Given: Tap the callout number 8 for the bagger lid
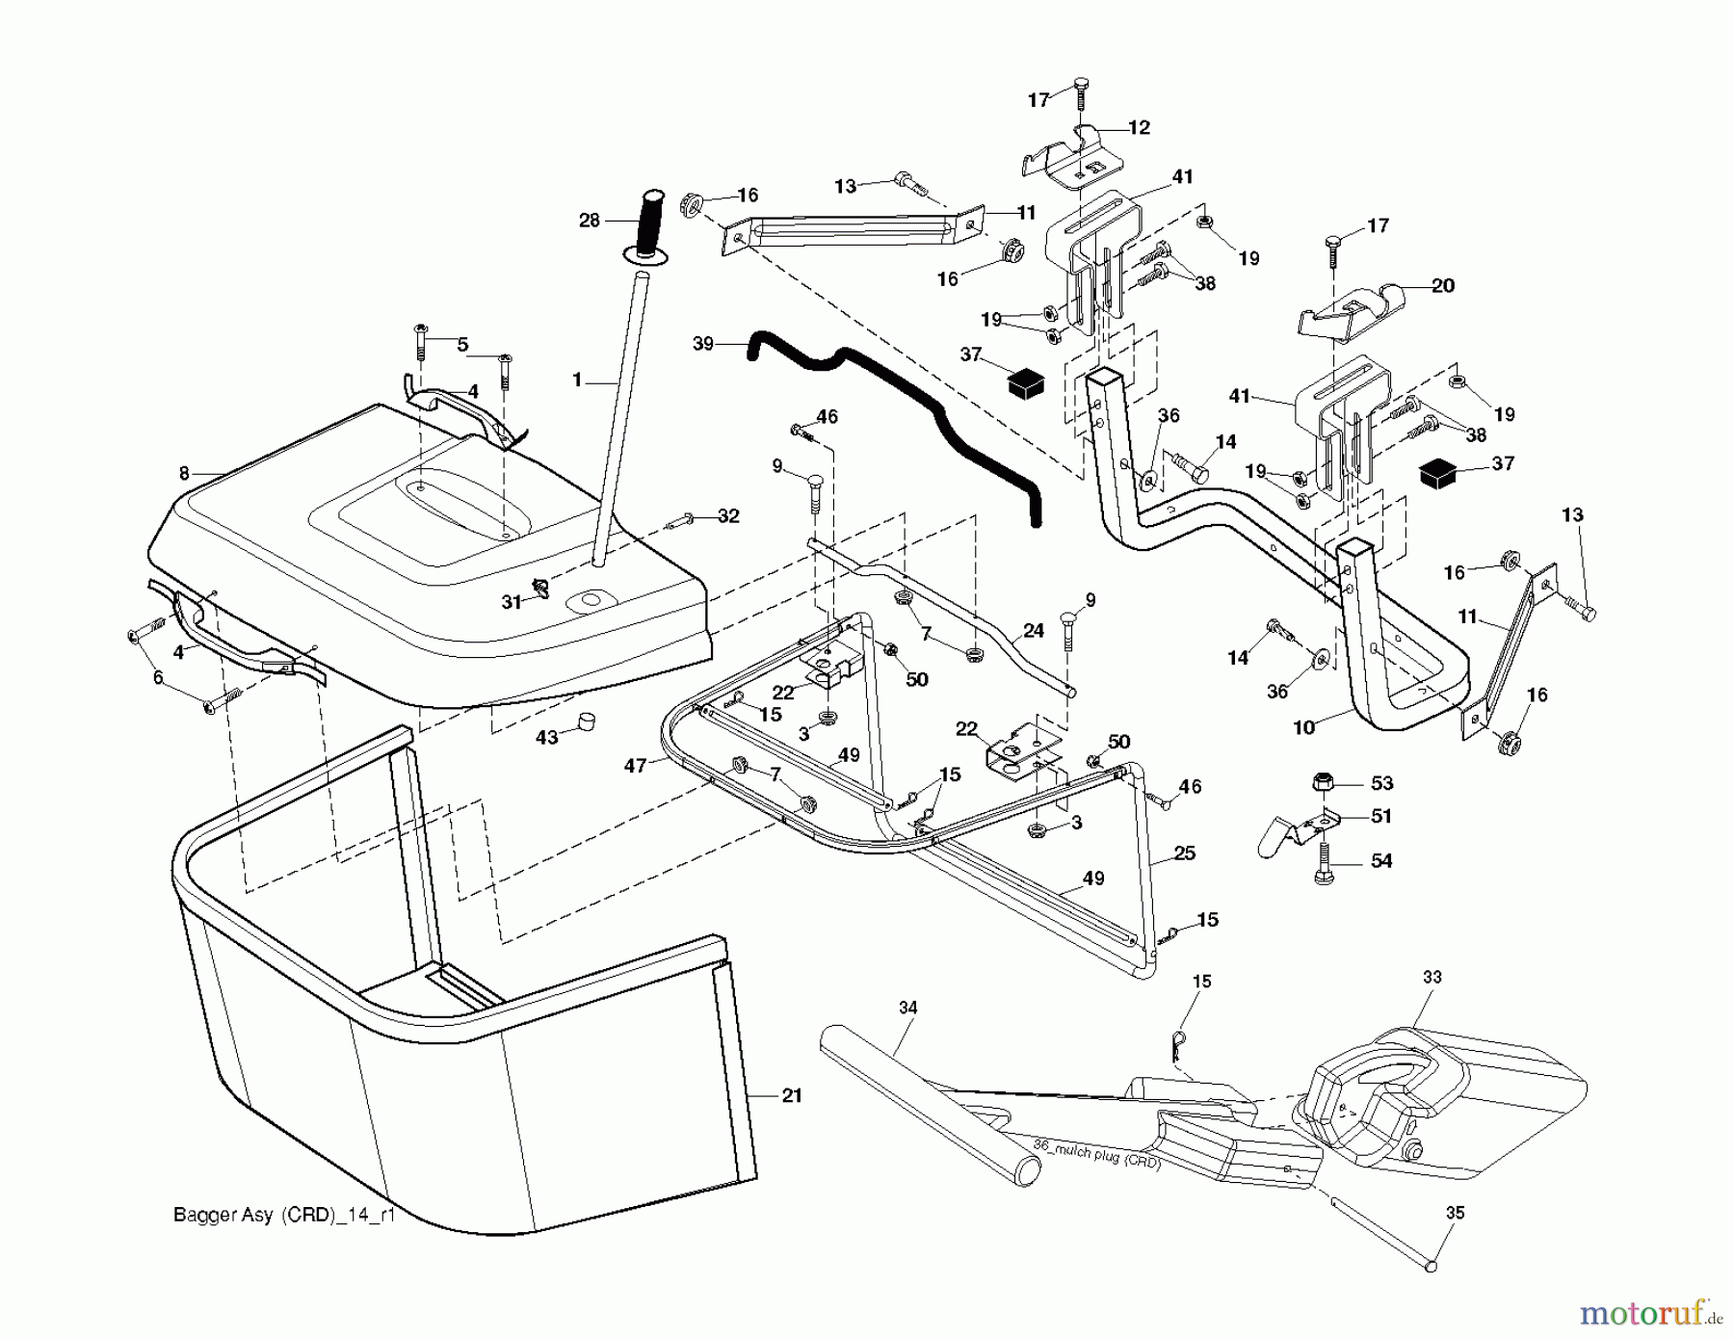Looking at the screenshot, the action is [x=184, y=473].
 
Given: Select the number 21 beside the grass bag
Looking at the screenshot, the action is [x=791, y=1095].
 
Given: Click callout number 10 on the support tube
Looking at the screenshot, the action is [x=1303, y=727].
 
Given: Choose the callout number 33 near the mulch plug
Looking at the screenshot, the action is [x=1432, y=977].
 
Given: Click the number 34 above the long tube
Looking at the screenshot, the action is [x=907, y=1008].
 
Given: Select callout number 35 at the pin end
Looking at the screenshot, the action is [x=1455, y=1213].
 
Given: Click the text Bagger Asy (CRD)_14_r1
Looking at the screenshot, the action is [x=284, y=1216].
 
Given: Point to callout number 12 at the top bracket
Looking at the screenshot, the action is [x=1140, y=127].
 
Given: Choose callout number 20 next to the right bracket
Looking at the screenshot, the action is [x=1443, y=285].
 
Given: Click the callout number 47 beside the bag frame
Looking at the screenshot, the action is [x=635, y=766].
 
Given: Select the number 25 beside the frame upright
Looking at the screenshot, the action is [x=1185, y=853].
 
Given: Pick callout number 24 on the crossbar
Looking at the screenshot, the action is [x=1034, y=631].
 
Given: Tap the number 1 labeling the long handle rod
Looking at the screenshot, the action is [x=577, y=380].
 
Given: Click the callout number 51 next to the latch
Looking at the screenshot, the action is [x=1381, y=816].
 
